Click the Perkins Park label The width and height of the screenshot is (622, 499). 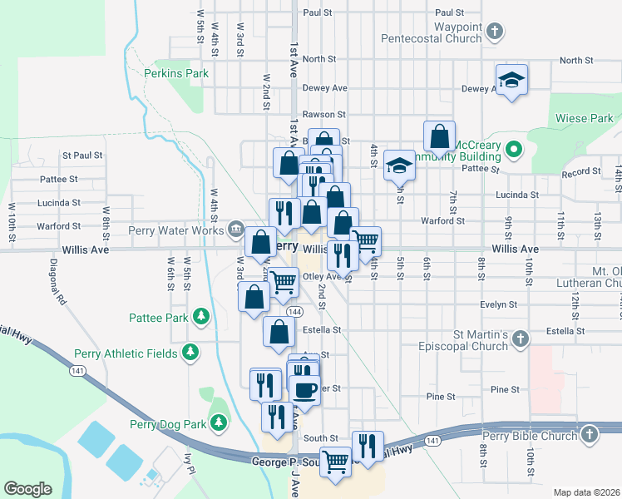tap(175, 73)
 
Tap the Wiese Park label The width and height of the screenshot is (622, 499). tap(585, 118)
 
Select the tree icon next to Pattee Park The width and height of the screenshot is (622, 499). tap(200, 317)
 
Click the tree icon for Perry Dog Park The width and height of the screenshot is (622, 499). tap(220, 423)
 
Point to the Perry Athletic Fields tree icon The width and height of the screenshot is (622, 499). tap(191, 353)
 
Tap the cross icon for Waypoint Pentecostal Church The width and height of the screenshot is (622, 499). tap(495, 32)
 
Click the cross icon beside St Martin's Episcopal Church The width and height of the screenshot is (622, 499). tap(521, 339)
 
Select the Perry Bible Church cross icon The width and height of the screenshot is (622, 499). tap(590, 435)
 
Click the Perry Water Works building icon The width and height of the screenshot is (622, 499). tap(235, 230)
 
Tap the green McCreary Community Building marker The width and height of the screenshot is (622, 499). tap(514, 151)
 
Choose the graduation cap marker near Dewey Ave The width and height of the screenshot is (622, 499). tap(511, 80)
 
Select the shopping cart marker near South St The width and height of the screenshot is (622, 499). tap(335, 460)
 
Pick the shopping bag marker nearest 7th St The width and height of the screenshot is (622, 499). tap(439, 135)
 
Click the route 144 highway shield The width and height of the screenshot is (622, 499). tap(294, 311)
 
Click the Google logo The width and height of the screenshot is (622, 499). tap(28, 488)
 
